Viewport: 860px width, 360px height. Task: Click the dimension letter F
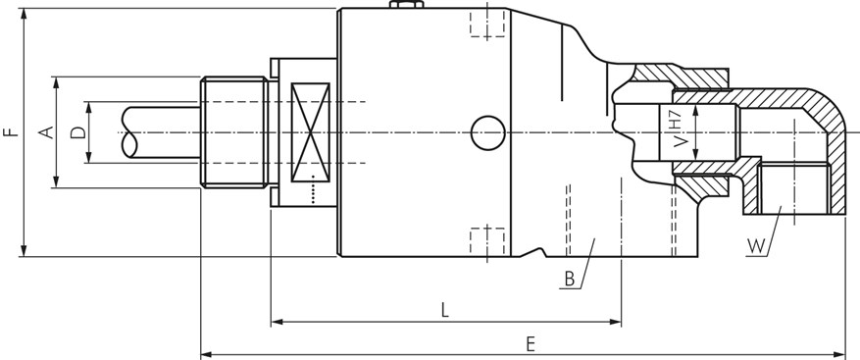click(x=11, y=132)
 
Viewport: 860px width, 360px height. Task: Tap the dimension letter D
click(x=78, y=132)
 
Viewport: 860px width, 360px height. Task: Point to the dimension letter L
click(x=445, y=311)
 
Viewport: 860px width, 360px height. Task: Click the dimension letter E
click(x=530, y=344)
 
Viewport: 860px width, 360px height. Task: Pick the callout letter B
click(x=570, y=280)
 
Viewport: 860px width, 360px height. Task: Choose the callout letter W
click(x=756, y=247)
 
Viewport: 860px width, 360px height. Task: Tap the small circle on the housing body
click(x=487, y=132)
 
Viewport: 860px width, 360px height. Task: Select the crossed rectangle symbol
click(x=311, y=132)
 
